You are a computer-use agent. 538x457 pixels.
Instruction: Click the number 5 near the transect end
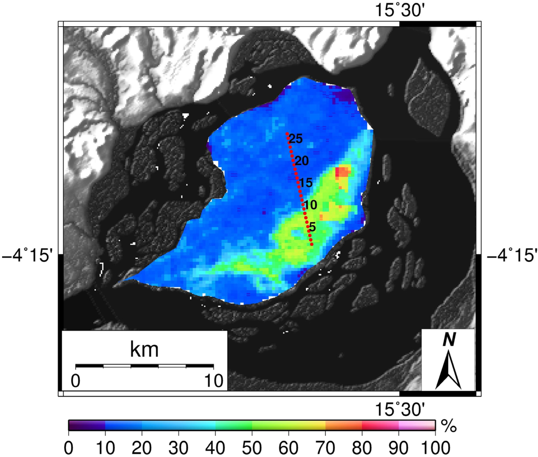point(312,227)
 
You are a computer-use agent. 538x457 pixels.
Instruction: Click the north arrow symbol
point(448,370)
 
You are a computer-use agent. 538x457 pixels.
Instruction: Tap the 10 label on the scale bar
point(214,381)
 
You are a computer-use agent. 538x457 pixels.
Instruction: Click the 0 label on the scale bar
point(75,381)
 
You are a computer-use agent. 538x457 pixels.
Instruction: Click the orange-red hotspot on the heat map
point(343,172)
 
